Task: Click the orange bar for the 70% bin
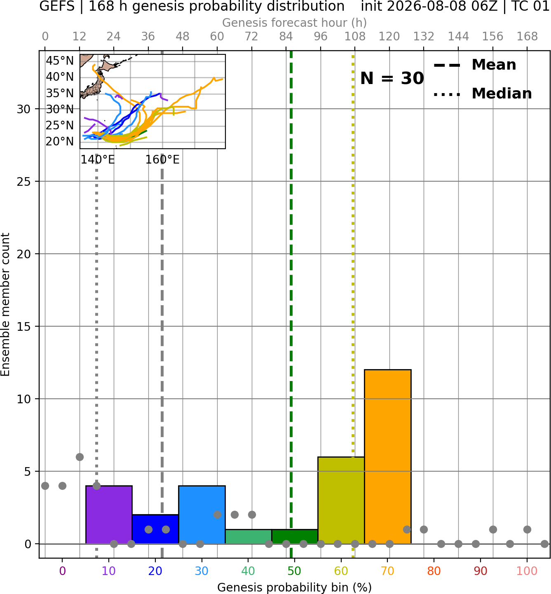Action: click(387, 456)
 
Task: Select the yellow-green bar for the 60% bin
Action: click(341, 500)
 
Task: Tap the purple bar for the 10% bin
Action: click(109, 514)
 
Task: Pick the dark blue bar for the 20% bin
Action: click(155, 529)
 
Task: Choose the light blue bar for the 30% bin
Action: click(202, 514)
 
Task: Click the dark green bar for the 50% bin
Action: click(295, 537)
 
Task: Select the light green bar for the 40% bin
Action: click(248, 537)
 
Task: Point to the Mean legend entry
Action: click(475, 65)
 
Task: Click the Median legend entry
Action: click(483, 94)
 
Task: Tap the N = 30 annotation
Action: click(392, 78)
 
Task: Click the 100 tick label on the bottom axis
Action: click(527, 571)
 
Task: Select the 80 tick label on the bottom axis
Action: click(434, 571)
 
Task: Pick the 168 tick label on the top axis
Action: click(527, 37)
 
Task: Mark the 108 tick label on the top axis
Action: click(355, 37)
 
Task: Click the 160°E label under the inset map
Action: click(162, 160)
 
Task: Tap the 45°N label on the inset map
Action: click(60, 61)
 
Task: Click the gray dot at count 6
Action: click(80, 457)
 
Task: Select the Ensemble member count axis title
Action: click(5, 304)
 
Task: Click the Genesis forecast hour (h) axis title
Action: click(295, 23)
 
